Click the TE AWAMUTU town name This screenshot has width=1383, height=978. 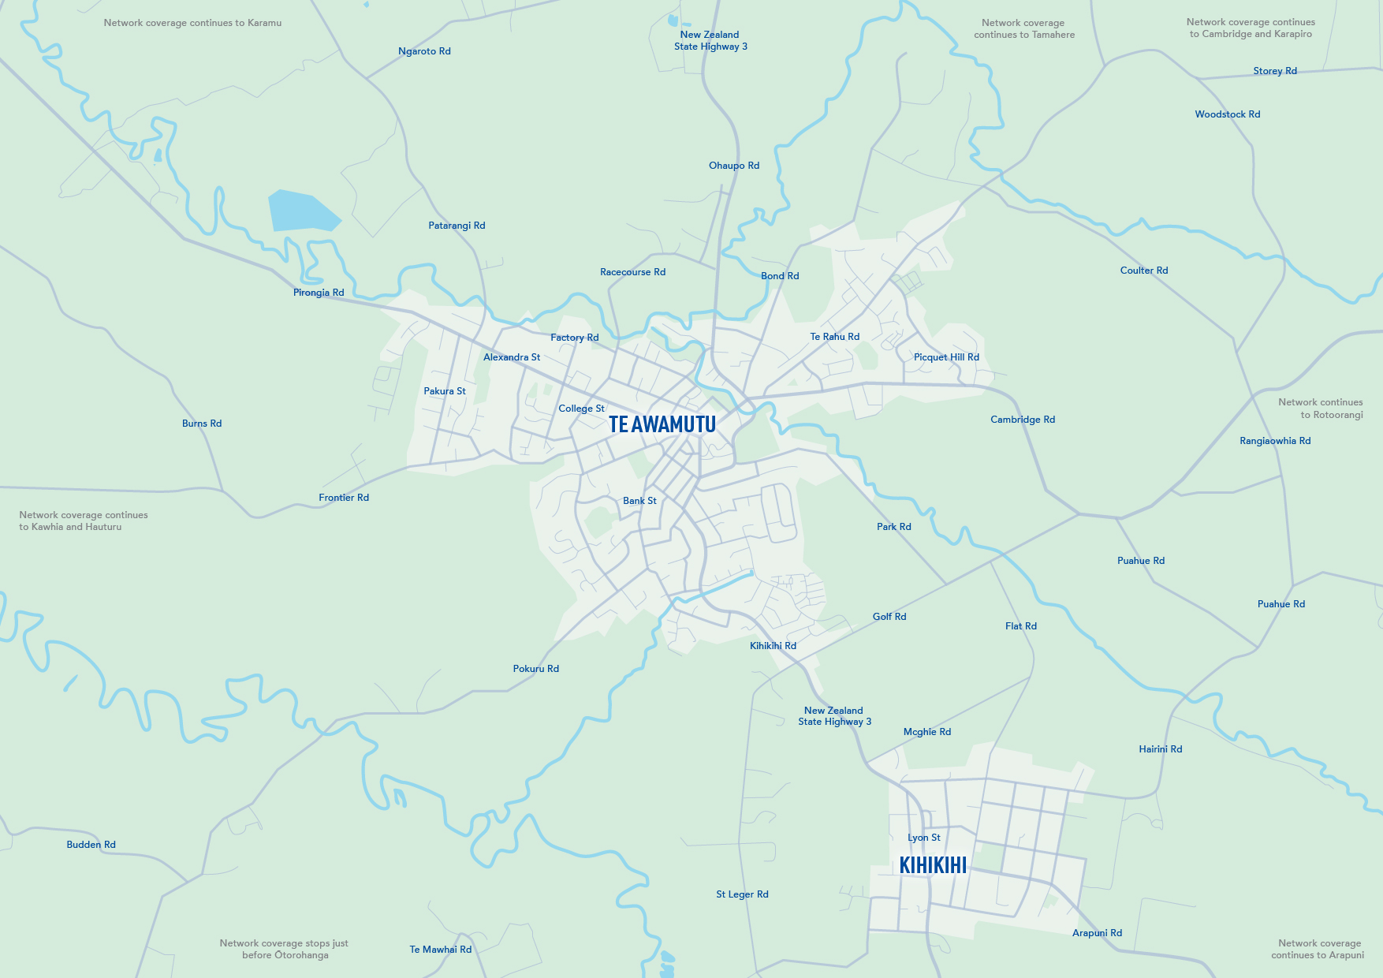tap(662, 424)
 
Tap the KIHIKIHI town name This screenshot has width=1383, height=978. tap(933, 865)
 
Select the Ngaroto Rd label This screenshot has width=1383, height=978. tap(424, 51)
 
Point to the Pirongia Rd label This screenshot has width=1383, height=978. tap(319, 293)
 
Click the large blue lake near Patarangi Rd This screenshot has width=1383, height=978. tap(300, 211)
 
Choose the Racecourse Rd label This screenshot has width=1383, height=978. tap(632, 272)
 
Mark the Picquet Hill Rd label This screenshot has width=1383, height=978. tap(946, 357)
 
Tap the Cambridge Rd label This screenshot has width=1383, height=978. tap(1023, 420)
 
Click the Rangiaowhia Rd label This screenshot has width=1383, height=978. tap(1275, 441)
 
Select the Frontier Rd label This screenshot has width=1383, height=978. tap(344, 498)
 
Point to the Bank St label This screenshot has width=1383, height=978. tap(639, 501)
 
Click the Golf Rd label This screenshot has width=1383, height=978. tap(889, 617)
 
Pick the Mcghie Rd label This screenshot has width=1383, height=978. tap(927, 732)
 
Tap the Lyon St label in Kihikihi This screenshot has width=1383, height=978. tap(924, 838)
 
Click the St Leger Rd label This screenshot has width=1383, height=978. tap(742, 894)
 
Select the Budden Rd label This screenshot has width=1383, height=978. tap(91, 845)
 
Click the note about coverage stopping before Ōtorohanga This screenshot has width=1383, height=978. tap(285, 949)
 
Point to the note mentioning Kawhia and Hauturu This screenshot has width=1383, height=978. tap(83, 521)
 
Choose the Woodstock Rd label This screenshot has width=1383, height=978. tap(1228, 114)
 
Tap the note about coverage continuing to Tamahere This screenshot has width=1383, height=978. tap(1023, 28)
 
